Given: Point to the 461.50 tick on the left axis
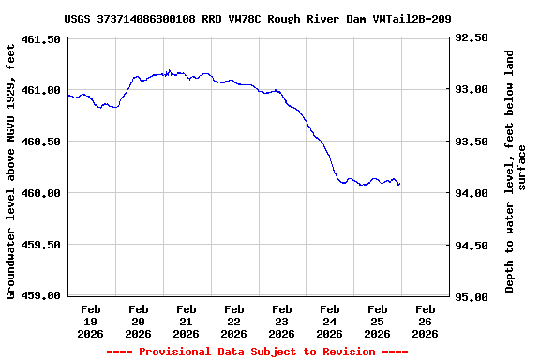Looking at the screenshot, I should [x=42, y=39].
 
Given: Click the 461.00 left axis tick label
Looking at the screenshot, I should [x=42, y=90].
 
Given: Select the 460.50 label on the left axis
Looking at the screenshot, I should [x=42, y=142].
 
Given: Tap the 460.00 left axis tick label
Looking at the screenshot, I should [x=42, y=193].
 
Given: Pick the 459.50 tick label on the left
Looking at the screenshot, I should [x=42, y=244].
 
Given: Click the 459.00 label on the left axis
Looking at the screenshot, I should [x=42, y=295].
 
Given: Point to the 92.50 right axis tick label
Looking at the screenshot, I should [x=471, y=38].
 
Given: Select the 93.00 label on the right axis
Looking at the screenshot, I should [x=471, y=90].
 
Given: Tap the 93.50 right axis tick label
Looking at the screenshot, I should [x=471, y=142].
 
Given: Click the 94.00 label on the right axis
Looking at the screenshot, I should [x=471, y=193].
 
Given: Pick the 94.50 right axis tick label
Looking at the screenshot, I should [x=471, y=246].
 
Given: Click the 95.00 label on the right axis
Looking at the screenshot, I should [x=471, y=297].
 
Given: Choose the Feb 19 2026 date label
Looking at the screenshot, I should [x=91, y=321].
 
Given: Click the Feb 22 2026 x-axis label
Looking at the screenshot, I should [x=234, y=321].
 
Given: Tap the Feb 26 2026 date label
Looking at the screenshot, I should [x=426, y=321].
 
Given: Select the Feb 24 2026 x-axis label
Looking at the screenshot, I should [x=330, y=321].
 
